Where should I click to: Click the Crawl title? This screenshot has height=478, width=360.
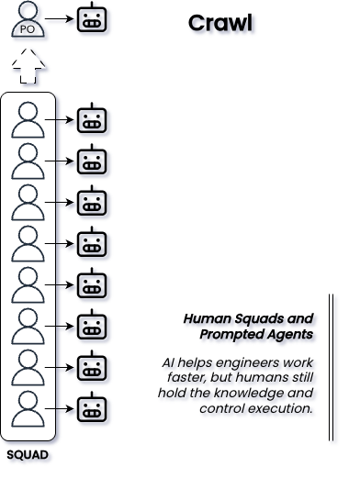tap(220, 23)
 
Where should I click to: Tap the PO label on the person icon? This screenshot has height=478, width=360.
tap(28, 29)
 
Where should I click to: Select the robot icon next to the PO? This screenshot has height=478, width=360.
tap(92, 17)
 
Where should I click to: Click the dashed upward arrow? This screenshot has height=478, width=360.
tap(28, 65)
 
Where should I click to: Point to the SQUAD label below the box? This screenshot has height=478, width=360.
tap(28, 455)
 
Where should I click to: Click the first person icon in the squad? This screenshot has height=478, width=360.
tap(28, 120)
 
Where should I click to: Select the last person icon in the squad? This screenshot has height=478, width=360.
tap(28, 409)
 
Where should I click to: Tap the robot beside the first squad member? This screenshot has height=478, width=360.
tap(92, 118)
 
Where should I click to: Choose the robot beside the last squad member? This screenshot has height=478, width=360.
tap(92, 407)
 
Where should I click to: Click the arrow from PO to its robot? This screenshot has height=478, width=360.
tap(59, 19)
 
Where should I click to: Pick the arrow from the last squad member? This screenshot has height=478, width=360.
tap(59, 409)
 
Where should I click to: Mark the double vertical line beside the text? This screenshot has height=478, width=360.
tap(332, 367)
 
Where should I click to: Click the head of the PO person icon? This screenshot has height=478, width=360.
tap(28, 10)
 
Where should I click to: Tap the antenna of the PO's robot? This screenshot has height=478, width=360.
tap(92, 5)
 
